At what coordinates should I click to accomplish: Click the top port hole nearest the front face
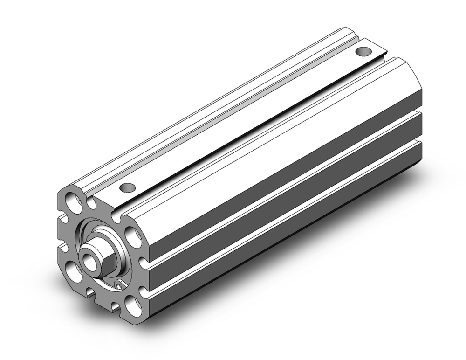(126, 187)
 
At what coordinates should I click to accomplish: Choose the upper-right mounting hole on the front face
(132, 237)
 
